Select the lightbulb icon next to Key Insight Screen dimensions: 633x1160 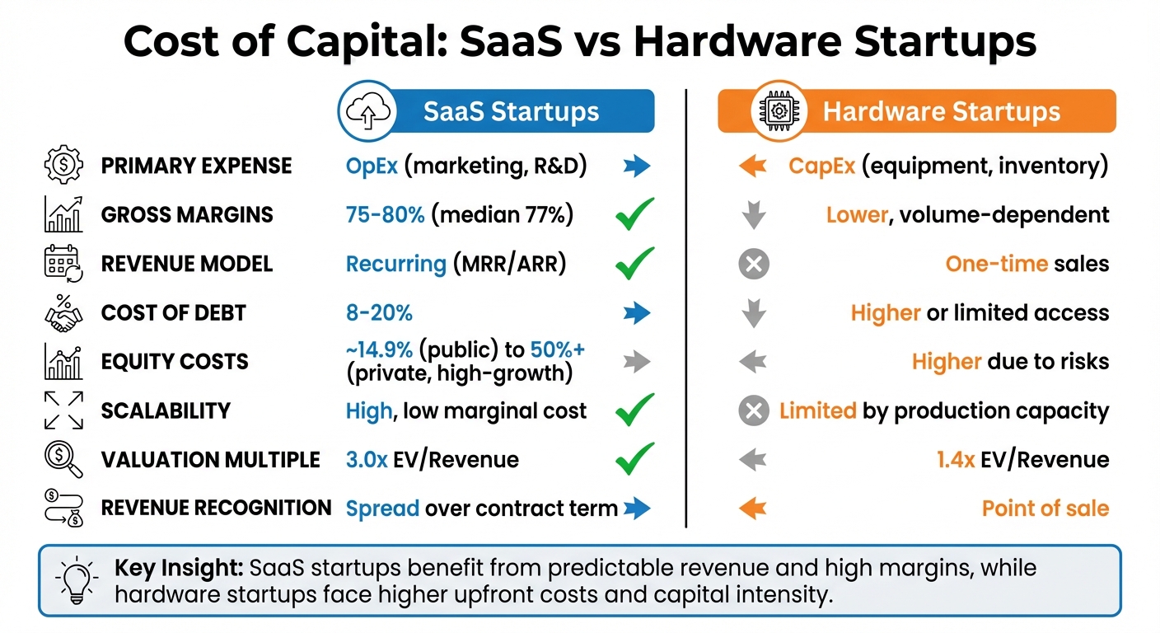click(x=75, y=580)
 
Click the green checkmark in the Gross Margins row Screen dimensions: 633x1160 click(x=634, y=214)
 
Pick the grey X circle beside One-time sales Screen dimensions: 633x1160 click(x=753, y=264)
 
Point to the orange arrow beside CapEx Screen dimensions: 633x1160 click(x=752, y=166)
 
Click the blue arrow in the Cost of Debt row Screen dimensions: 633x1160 click(x=636, y=313)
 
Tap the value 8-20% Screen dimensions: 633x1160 click(x=379, y=313)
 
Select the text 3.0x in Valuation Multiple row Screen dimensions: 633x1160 click(x=367, y=460)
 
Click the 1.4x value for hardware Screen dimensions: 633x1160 click(x=956, y=460)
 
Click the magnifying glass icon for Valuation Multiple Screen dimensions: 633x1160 click(x=63, y=459)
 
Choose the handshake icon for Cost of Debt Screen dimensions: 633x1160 click(x=63, y=313)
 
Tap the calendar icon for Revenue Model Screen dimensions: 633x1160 click(x=63, y=264)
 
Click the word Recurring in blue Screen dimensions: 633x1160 click(x=395, y=264)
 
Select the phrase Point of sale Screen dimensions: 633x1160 click(x=1045, y=509)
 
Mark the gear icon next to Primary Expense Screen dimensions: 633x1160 click(x=63, y=166)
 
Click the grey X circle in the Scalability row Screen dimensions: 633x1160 click(x=753, y=410)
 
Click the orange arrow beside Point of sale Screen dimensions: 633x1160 click(x=752, y=509)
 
